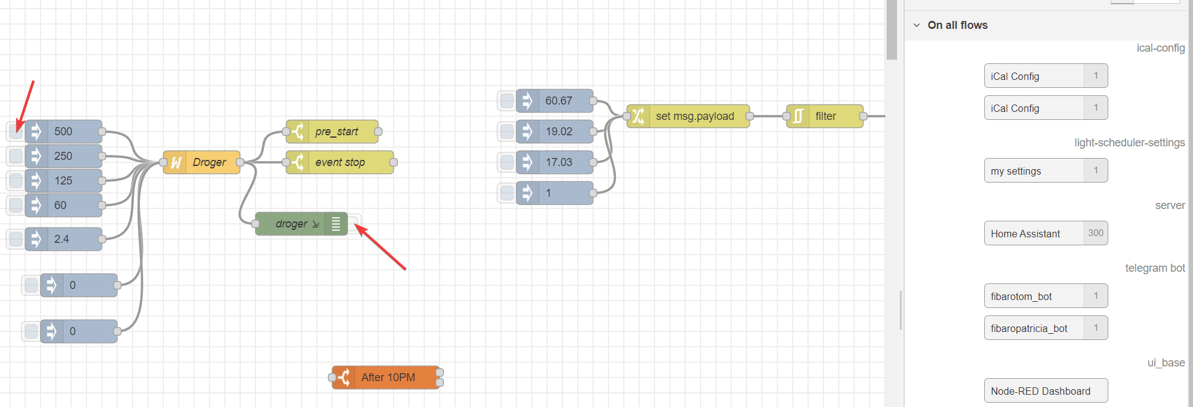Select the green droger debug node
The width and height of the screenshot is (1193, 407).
click(295, 224)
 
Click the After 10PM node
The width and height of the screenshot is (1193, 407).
click(386, 377)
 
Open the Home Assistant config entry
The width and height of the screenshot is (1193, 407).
click(1034, 234)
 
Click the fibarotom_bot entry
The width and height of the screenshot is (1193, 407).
click(1034, 296)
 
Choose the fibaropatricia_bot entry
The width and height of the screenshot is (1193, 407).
click(1034, 328)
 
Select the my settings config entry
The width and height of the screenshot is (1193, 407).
click(1034, 171)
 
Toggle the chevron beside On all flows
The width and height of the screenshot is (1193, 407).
click(917, 25)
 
